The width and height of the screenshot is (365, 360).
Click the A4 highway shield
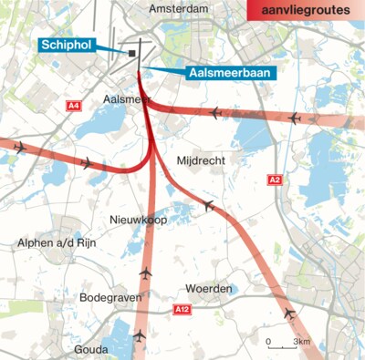click(x=74, y=107)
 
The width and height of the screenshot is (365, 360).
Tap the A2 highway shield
click(x=276, y=180)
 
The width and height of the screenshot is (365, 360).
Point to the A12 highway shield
click(x=182, y=311)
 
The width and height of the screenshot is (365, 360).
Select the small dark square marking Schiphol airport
click(x=132, y=54)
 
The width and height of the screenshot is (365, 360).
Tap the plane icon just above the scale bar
click(x=290, y=314)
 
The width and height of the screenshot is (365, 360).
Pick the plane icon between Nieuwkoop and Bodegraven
click(x=145, y=273)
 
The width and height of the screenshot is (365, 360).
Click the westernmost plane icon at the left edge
click(x=18, y=146)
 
